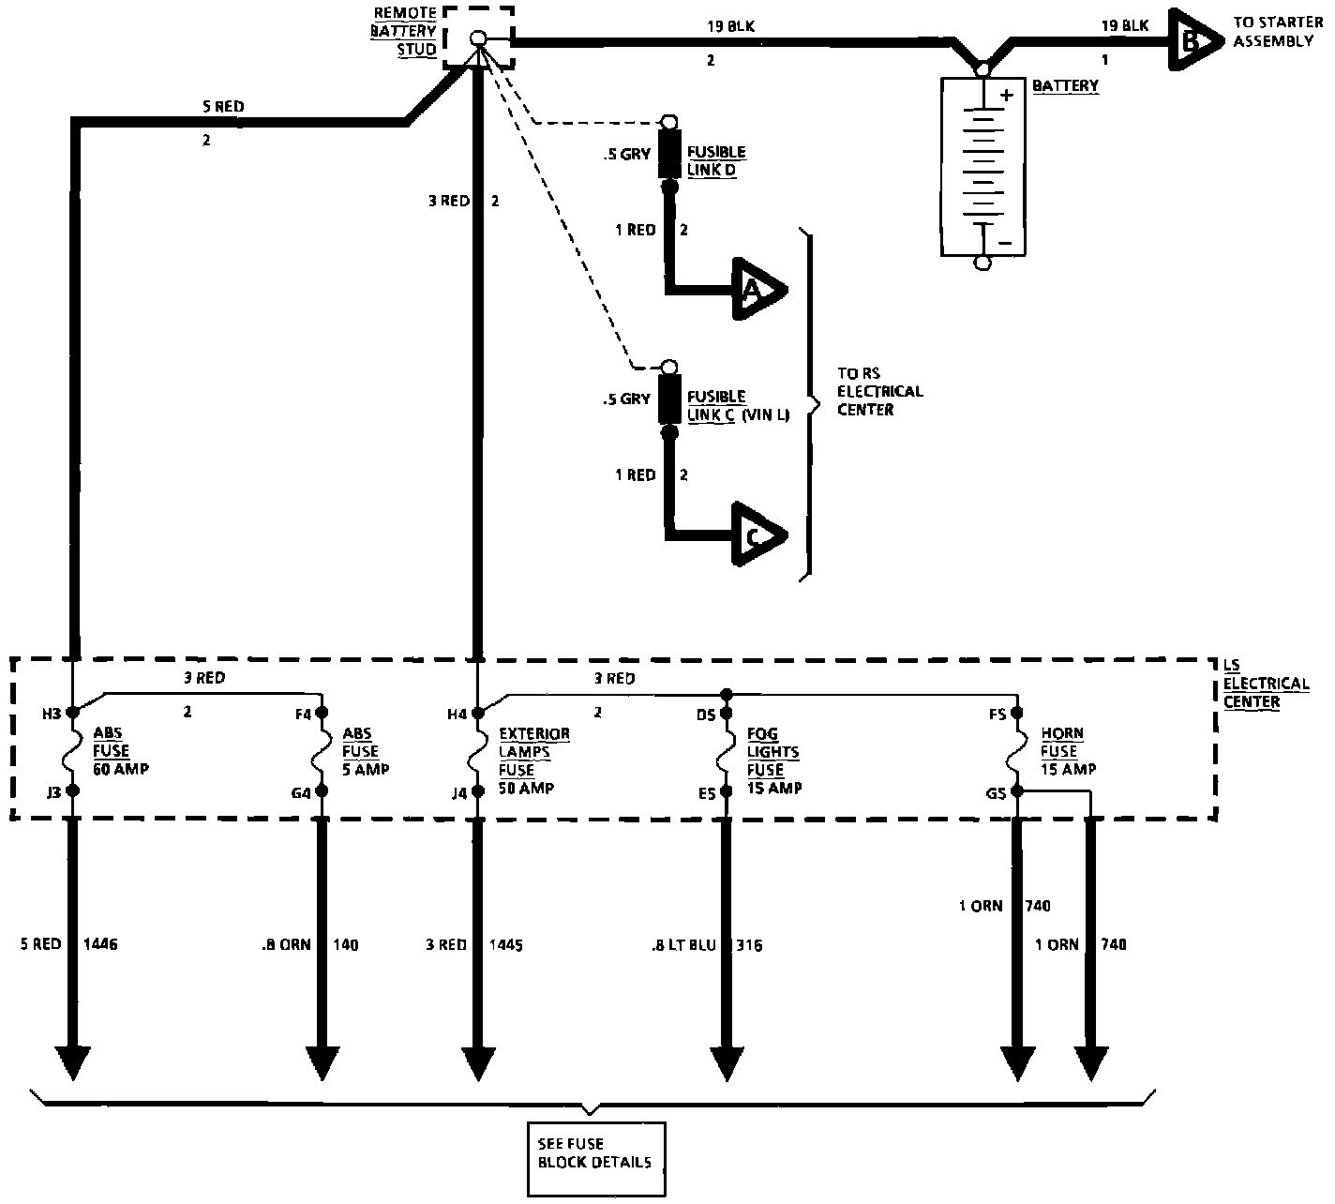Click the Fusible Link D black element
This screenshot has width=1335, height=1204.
(668, 154)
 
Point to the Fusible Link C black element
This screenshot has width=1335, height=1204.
(668, 399)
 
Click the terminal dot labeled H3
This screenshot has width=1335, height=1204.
(73, 712)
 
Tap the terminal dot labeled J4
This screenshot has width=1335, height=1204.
(478, 791)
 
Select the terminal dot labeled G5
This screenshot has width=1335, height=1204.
(1017, 791)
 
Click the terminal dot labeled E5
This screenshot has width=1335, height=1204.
(726, 791)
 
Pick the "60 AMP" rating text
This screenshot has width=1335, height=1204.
(121, 769)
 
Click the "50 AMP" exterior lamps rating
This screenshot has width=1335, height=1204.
(527, 789)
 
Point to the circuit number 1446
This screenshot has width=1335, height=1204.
(100, 943)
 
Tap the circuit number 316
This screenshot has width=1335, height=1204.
(749, 945)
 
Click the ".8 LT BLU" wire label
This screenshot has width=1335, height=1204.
(684, 945)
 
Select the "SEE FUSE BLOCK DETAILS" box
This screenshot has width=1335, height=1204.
(596, 1159)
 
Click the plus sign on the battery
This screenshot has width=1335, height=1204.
(1007, 96)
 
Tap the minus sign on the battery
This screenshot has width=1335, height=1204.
(1005, 243)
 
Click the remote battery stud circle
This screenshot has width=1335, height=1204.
(478, 38)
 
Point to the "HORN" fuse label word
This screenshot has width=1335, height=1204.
(1062, 733)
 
